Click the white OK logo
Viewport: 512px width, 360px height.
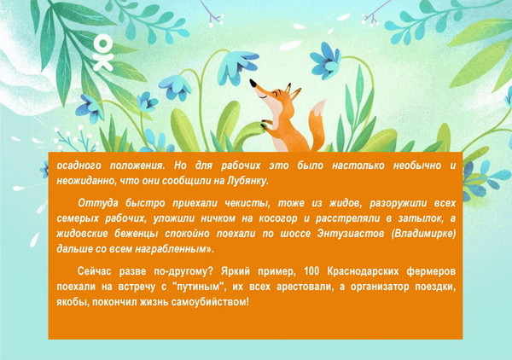point(103,53)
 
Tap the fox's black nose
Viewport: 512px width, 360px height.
point(253,83)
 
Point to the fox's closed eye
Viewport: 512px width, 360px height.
point(262,97)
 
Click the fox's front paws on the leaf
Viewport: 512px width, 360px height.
point(266,125)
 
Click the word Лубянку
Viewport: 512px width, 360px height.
point(247,181)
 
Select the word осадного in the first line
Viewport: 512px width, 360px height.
point(79,165)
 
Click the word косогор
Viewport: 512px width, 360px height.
point(278,218)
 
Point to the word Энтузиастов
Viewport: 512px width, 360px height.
point(351,234)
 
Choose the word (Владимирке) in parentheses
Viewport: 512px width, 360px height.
point(424,235)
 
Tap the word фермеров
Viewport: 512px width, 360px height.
point(431,272)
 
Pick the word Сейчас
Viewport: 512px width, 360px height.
point(95,271)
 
